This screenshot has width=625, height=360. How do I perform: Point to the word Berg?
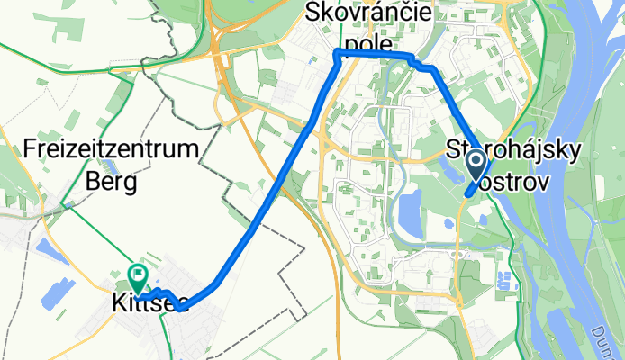(x=112, y=183)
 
